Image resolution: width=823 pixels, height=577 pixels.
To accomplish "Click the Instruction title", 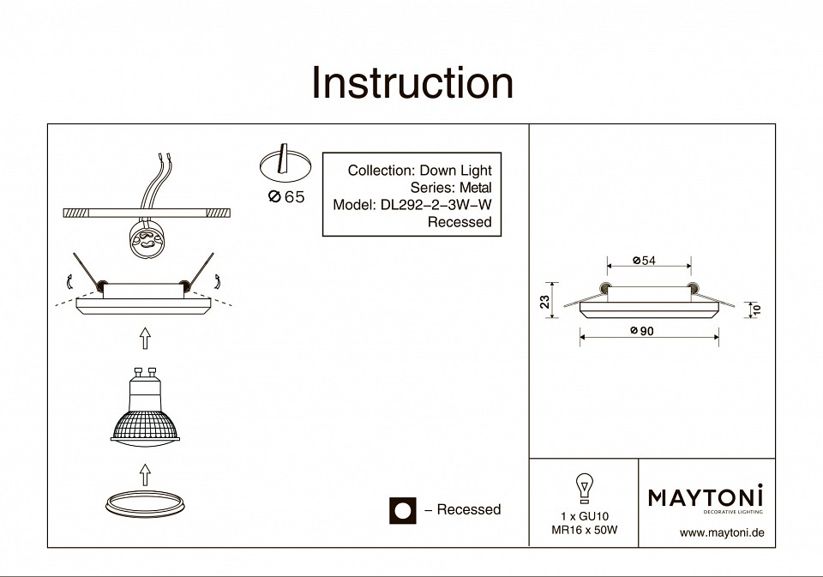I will click(x=412, y=83).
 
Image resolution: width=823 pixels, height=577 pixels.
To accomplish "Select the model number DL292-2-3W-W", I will click(x=436, y=205).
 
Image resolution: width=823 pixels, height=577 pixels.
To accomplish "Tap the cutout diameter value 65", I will click(x=294, y=197).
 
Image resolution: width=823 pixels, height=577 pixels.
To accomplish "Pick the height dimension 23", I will click(x=544, y=301).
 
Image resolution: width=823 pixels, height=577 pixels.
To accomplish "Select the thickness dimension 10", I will click(x=756, y=309).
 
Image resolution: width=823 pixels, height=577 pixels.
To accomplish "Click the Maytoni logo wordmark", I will click(x=705, y=496).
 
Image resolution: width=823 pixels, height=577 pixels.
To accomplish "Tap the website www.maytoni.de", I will click(x=721, y=533).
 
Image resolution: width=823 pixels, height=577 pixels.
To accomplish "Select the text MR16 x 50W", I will click(x=583, y=530).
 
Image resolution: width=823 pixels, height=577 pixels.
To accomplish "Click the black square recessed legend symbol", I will click(x=402, y=510).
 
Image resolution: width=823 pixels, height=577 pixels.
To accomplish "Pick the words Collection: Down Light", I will click(x=419, y=171).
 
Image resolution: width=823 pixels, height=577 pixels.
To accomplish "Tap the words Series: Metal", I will click(x=450, y=188).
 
